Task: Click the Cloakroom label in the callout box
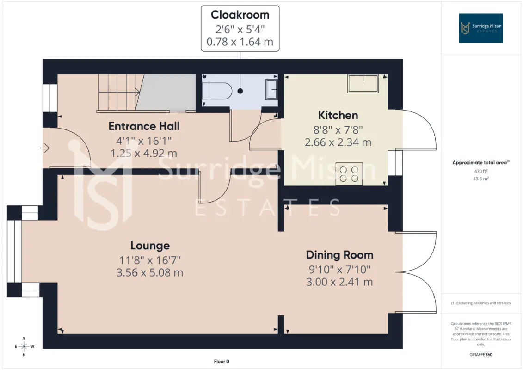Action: [240, 15]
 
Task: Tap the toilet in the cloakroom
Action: [217, 91]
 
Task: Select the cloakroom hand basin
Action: [271, 89]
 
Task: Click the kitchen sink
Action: [363, 83]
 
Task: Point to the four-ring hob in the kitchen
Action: [349, 174]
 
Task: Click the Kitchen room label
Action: [338, 115]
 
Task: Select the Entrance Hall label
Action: [144, 126]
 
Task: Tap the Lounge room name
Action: [150, 246]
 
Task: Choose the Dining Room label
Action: [339, 255]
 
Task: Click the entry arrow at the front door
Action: [45, 148]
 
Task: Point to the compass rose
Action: [24, 346]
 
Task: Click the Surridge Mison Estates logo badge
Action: [480, 28]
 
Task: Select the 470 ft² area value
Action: [480, 171]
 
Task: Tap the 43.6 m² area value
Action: [480, 179]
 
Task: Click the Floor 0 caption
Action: [222, 361]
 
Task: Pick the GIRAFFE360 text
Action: [480, 355]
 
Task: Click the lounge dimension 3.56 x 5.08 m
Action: [150, 272]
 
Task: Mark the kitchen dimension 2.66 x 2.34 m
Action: [338, 142]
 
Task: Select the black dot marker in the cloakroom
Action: [240, 91]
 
